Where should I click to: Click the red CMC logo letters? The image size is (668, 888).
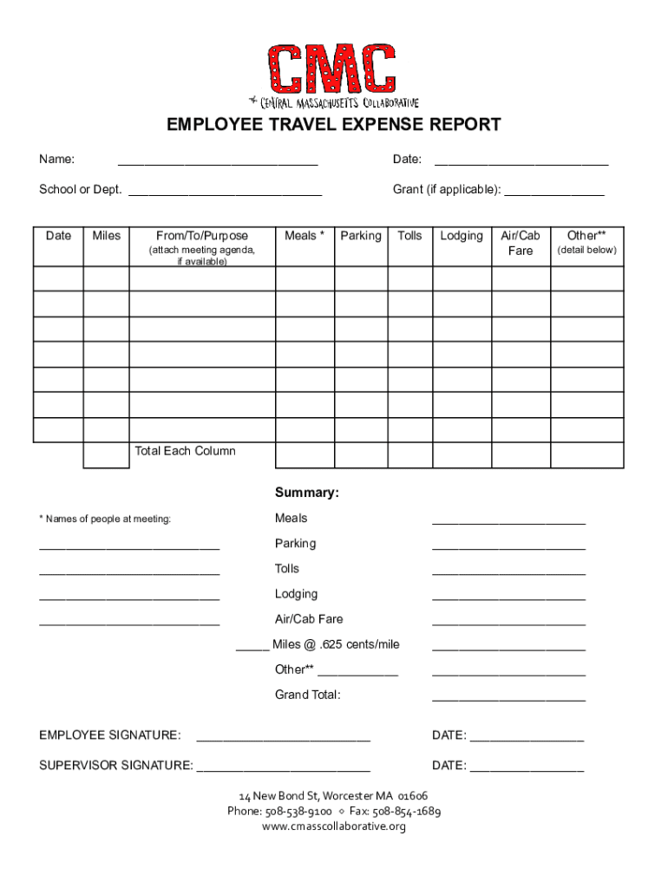coord(332,69)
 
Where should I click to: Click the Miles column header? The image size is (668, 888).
coord(106,236)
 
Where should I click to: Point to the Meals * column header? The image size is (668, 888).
coord(305,236)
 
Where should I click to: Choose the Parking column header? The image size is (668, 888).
coord(361,236)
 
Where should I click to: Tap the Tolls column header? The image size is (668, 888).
coord(410,236)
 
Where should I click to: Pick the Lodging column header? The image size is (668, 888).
coord(462,236)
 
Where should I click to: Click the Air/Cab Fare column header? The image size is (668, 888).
coord(521,243)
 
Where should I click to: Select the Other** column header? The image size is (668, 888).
coord(586,236)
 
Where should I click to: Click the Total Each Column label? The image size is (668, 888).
coord(185,451)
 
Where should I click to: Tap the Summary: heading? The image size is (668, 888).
coord(306,493)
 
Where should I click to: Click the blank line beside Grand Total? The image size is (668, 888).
coord(508,699)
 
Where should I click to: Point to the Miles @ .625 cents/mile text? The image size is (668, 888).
coord(336,644)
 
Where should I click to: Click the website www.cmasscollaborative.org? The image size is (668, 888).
coord(334,826)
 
